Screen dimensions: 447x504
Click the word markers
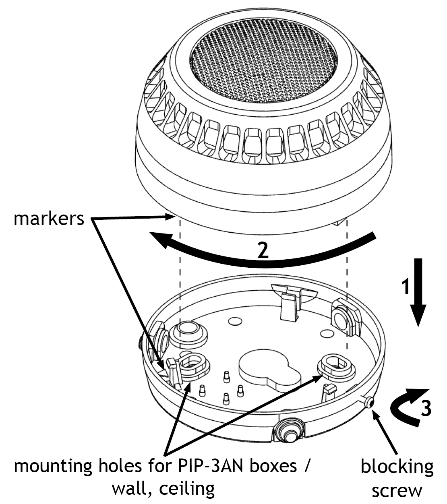point(49,219)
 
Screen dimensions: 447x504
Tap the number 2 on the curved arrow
point(263,250)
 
